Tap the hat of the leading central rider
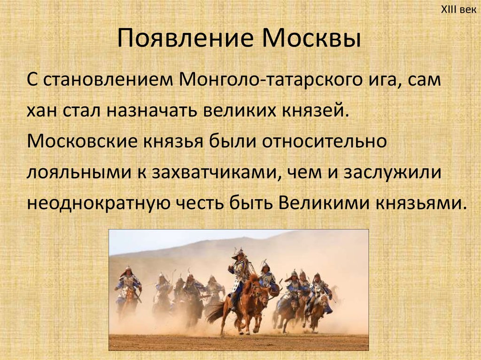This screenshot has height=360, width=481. coord(239,254)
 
